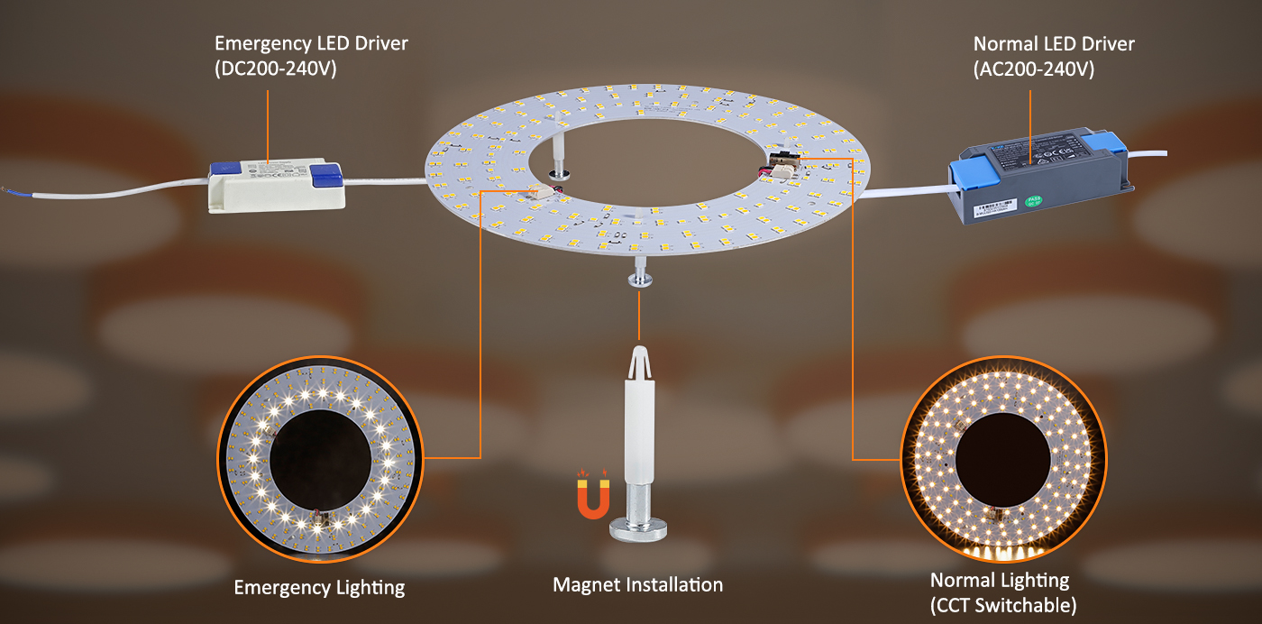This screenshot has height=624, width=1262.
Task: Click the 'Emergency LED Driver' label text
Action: [x=311, y=44]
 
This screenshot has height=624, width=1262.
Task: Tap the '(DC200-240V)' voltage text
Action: [x=275, y=69]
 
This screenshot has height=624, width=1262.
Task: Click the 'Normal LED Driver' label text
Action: [x=1054, y=44]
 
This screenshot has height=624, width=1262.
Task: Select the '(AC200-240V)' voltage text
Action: [x=1034, y=69]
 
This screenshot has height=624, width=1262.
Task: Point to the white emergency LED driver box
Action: [x=276, y=186]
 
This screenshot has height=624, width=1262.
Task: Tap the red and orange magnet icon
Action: [x=594, y=498]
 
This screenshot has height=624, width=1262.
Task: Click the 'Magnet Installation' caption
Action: [x=637, y=585]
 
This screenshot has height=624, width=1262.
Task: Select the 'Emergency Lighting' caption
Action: [x=319, y=588]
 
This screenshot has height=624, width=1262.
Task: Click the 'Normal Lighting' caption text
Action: [x=1000, y=581]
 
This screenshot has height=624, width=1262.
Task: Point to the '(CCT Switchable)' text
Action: [x=1003, y=604]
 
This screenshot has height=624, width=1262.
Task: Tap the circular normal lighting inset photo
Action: [x=1003, y=460]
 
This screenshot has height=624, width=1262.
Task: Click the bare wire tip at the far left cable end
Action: [x=8, y=191]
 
